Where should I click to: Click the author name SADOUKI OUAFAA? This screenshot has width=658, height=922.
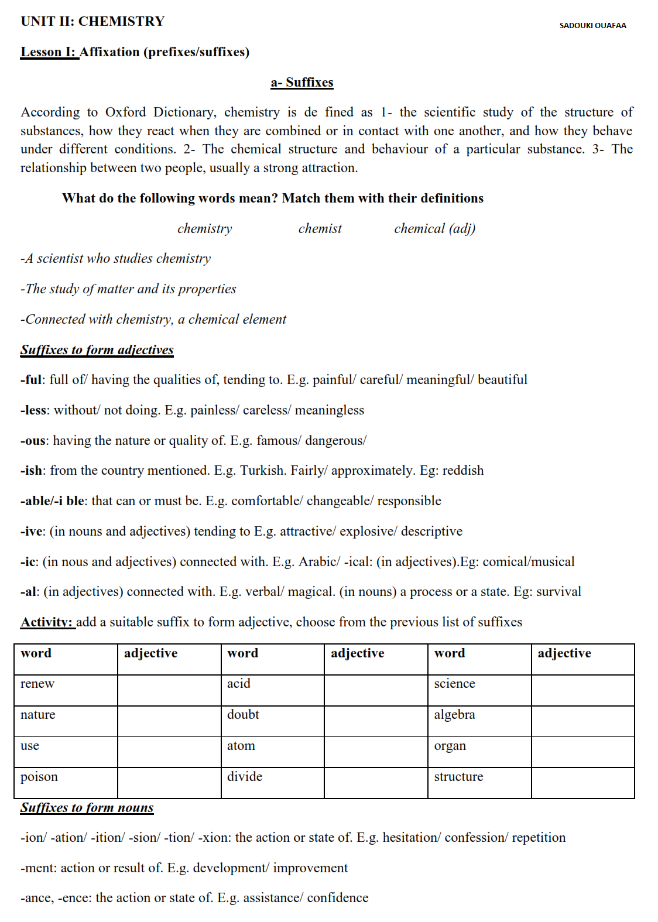click(x=592, y=25)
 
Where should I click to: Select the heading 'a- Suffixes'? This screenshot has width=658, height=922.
click(x=301, y=83)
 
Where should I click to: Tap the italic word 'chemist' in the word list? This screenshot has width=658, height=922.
click(x=320, y=228)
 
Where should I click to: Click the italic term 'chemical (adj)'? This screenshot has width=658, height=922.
click(x=434, y=228)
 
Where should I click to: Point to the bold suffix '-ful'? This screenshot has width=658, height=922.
click(x=31, y=379)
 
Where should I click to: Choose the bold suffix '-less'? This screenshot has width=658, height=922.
click(x=33, y=410)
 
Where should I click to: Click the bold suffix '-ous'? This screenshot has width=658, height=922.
click(x=33, y=440)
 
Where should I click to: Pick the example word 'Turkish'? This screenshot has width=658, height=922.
click(x=263, y=471)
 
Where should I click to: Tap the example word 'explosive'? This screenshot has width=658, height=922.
click(x=368, y=531)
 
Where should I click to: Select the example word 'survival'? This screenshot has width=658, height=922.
click(x=558, y=591)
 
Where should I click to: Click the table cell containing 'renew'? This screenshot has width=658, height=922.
click(x=66, y=690)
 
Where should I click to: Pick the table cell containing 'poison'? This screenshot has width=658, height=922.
click(x=66, y=783)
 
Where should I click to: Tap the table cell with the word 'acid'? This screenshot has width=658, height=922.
click(x=272, y=690)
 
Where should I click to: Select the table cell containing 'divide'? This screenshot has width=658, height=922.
click(x=272, y=783)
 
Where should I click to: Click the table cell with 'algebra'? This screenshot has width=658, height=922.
click(x=479, y=721)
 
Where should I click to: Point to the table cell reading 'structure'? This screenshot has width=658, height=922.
click(x=479, y=783)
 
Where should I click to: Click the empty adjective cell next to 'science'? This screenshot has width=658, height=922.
click(x=582, y=690)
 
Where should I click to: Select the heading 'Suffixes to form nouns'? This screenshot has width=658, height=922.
click(x=87, y=807)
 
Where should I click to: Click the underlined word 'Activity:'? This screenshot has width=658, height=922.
click(x=47, y=622)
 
